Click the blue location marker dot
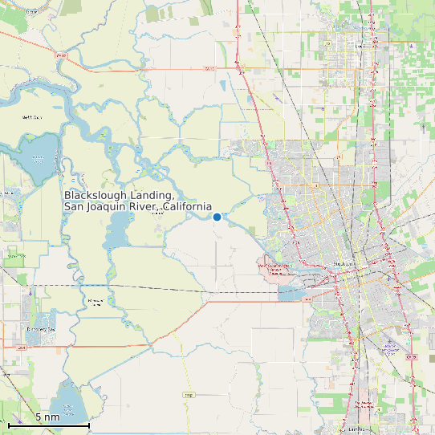217,217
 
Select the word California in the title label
187,207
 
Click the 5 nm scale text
47,417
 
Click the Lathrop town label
356,428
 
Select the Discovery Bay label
40,329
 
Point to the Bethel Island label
31,117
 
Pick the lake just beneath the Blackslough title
116,233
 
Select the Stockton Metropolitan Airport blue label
390,348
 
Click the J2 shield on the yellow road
189,395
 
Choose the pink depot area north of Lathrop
365,401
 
